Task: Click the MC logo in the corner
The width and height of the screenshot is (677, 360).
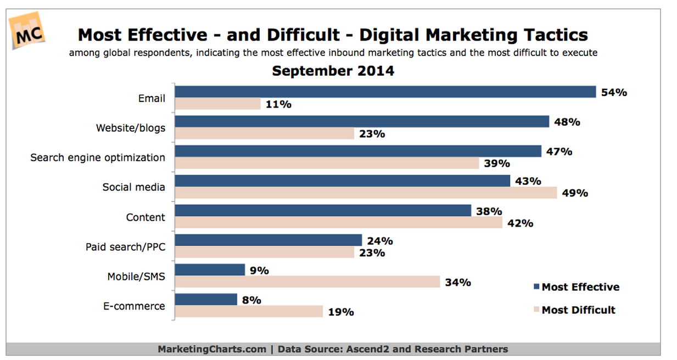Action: (x=27, y=33)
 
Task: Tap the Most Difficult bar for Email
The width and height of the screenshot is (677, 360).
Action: (x=218, y=104)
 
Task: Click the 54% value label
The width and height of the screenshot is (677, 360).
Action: (x=614, y=92)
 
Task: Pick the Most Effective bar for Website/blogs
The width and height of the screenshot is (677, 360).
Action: (x=362, y=122)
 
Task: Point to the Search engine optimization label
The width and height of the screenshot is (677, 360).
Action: (x=97, y=157)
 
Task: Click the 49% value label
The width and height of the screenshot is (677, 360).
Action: (x=575, y=193)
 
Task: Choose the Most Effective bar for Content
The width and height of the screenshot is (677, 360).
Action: (x=323, y=211)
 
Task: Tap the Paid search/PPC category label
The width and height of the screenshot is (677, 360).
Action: (x=125, y=247)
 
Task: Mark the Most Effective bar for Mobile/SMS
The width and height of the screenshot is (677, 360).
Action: (x=210, y=270)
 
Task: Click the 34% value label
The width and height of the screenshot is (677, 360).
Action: (x=458, y=282)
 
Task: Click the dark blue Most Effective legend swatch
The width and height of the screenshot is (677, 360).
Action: (x=536, y=287)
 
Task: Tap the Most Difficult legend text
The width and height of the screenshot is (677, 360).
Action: (x=578, y=310)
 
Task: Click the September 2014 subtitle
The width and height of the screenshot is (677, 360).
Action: (x=333, y=71)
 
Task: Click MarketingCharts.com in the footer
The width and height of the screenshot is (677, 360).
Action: (x=211, y=349)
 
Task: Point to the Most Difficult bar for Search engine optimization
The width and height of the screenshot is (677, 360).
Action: (x=327, y=163)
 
